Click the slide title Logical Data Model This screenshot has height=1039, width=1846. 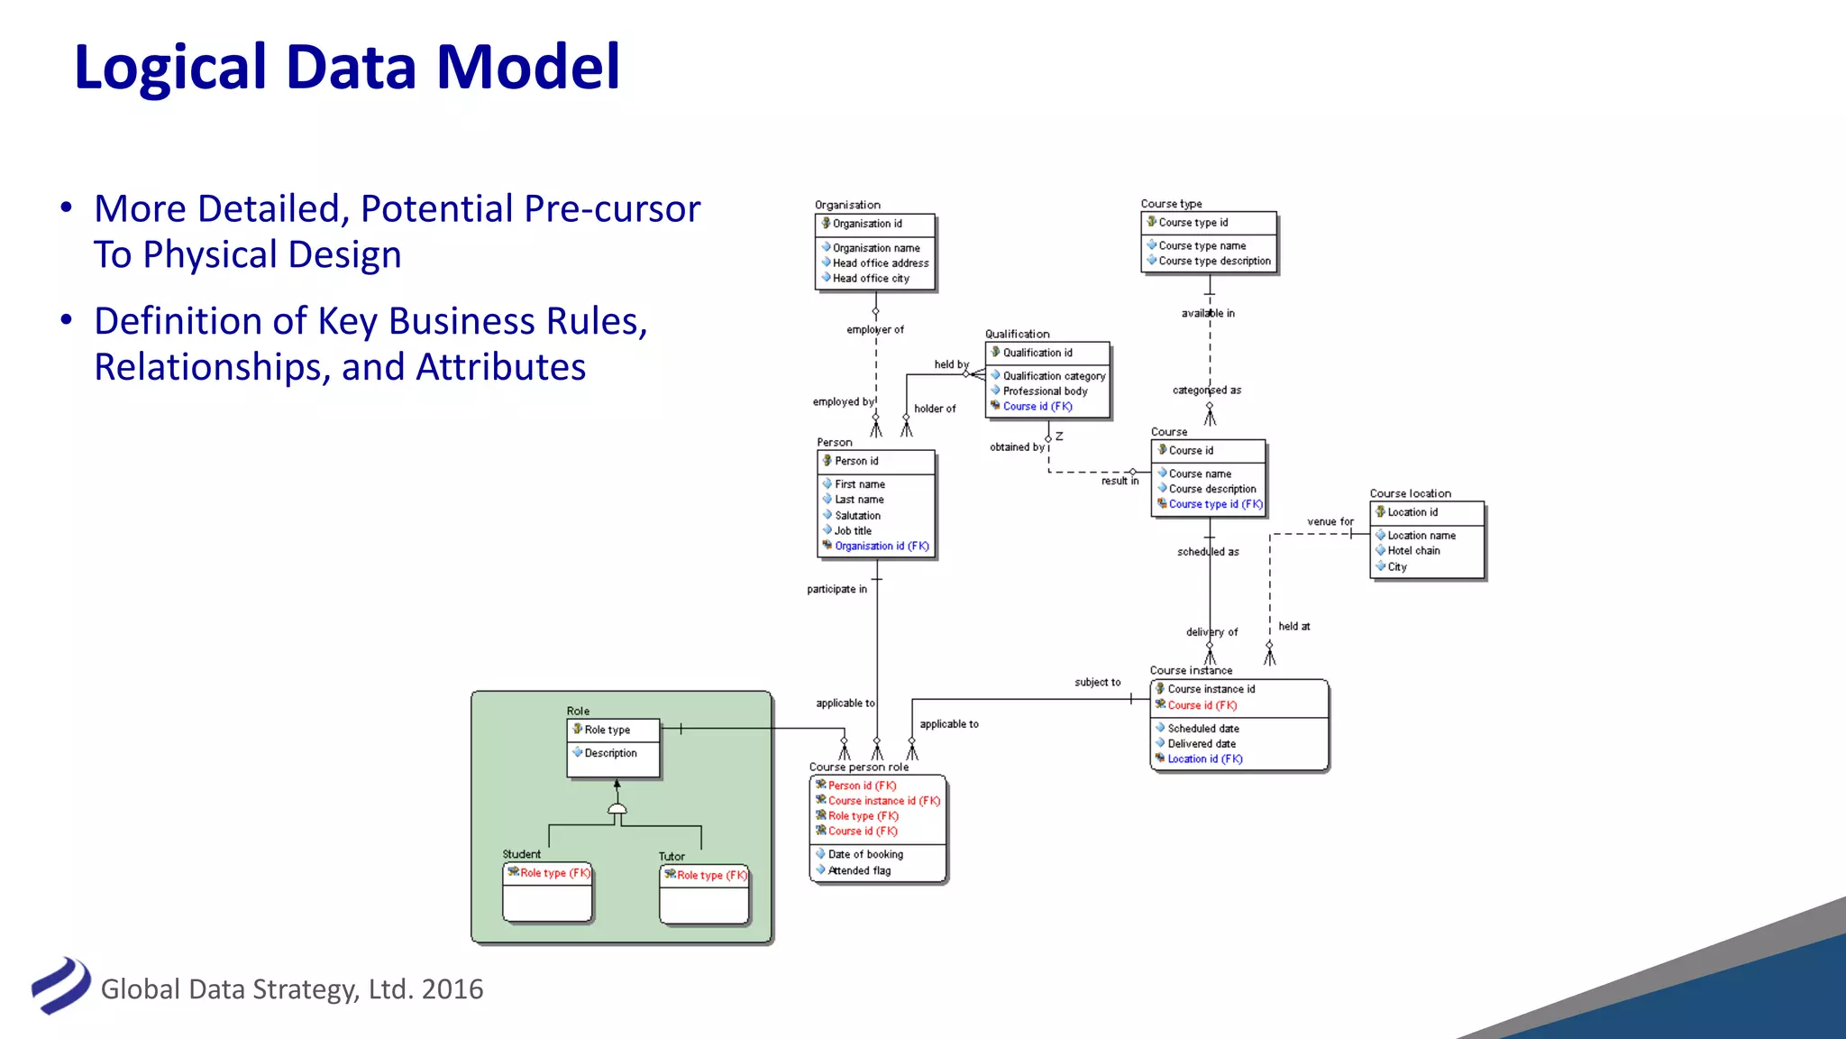(x=347, y=68)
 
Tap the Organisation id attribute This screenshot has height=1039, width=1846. (x=866, y=224)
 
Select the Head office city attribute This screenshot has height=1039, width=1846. (x=870, y=279)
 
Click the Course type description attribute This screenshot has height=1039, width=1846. (x=1214, y=262)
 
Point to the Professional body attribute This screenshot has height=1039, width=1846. (x=1045, y=391)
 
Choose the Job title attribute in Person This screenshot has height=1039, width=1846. (x=853, y=531)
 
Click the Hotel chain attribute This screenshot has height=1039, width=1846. (x=1413, y=551)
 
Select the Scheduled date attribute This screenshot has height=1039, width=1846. (x=1202, y=729)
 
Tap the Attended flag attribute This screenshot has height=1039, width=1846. (x=859, y=870)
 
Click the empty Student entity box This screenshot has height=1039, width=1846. (x=547, y=902)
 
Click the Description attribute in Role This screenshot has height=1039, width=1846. (x=610, y=753)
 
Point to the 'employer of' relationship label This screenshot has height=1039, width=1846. (x=874, y=330)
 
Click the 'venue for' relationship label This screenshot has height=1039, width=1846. (x=1330, y=522)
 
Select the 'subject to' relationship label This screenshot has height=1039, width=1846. (x=1097, y=683)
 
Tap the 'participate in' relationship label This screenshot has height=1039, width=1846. (x=836, y=590)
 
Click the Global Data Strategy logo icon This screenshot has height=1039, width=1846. (x=60, y=986)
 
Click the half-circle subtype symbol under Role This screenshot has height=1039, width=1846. (x=617, y=810)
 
